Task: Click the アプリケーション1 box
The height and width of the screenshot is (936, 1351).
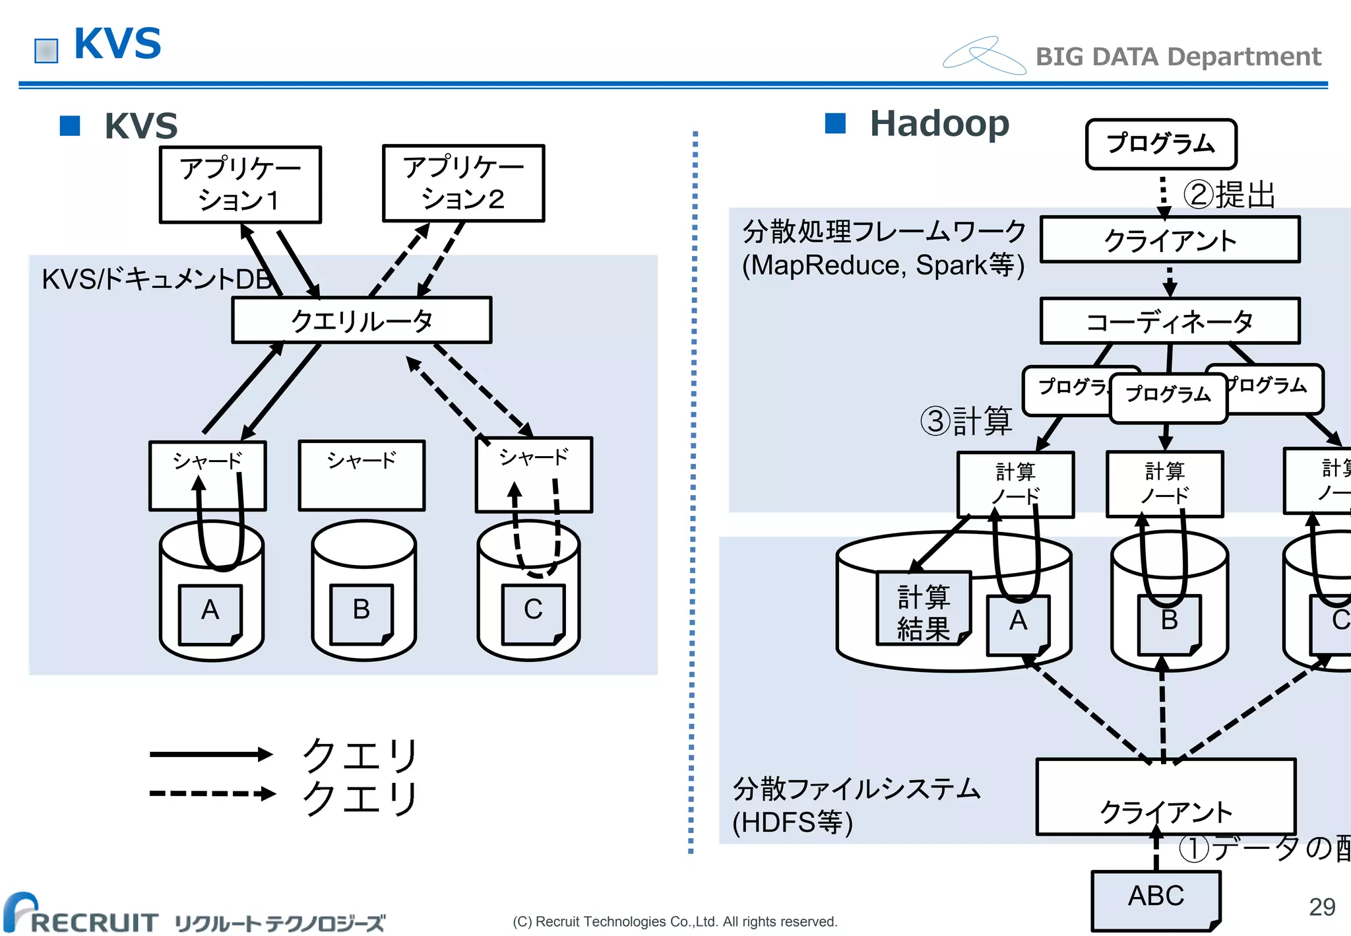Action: point(240,184)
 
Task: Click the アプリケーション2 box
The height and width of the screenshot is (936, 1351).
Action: point(463,183)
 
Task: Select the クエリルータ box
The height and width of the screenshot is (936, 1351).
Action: point(361,320)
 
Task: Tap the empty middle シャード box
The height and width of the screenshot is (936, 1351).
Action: point(361,475)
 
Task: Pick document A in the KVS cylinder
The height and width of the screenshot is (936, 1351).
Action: point(210,613)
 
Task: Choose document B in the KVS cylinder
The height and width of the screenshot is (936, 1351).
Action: point(361,613)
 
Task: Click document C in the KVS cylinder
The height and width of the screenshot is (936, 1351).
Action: point(533,613)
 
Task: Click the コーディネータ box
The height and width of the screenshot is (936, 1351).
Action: point(1169,321)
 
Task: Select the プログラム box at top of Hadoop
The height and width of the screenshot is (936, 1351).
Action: point(1160,144)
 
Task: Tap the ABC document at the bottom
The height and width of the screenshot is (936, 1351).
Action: point(1155,899)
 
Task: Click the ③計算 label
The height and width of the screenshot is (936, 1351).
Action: point(967,420)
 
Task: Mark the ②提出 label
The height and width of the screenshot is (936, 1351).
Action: point(1228,195)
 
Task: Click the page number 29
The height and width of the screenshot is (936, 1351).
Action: point(1321,907)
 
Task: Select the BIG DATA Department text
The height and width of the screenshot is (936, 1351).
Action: point(1178,57)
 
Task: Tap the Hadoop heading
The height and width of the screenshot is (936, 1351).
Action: point(939,124)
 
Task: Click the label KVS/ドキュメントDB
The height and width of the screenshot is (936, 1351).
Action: point(157,279)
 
